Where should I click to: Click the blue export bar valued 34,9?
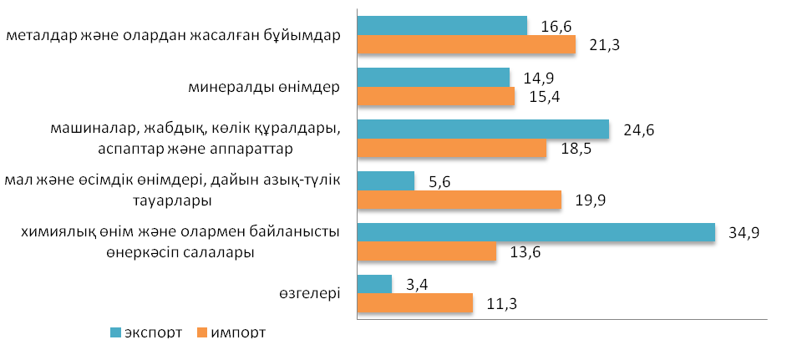click(536, 232)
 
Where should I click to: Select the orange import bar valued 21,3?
click(466, 45)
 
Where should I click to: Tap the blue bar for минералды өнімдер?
click(433, 77)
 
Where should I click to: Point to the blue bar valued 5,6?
click(385, 180)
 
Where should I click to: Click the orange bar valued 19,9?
click(459, 200)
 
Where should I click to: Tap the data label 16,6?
click(556, 28)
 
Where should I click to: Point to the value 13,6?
click(525, 253)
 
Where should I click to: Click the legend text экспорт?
click(154, 332)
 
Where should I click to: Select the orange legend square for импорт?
click(200, 332)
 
